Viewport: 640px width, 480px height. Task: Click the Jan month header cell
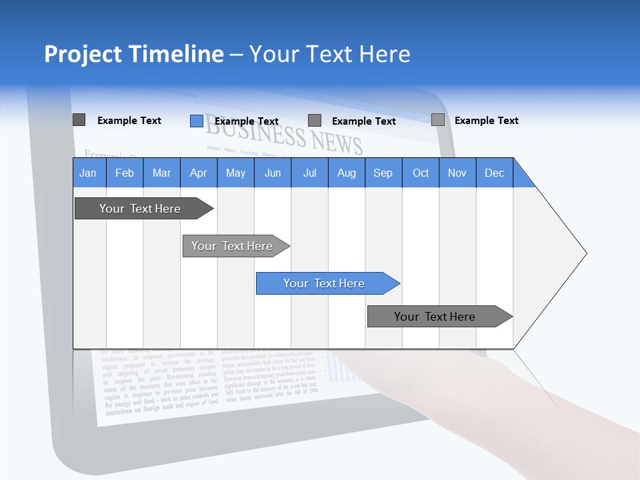click(89, 173)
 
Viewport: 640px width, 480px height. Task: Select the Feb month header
click(125, 173)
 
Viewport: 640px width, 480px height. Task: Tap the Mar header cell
click(161, 173)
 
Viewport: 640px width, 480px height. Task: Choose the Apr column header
click(199, 173)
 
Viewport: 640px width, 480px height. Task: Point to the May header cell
click(235, 173)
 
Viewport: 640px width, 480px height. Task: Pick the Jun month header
click(273, 173)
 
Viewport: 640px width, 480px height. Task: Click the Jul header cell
click(309, 173)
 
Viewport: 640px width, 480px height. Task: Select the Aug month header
click(347, 173)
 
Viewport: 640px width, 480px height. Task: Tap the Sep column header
click(383, 173)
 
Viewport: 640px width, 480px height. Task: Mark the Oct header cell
click(421, 173)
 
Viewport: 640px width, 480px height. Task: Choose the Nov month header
click(457, 173)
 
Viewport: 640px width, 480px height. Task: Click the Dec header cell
click(495, 173)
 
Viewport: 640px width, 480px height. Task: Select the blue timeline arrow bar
click(327, 283)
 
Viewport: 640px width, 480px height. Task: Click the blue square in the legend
click(196, 121)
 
